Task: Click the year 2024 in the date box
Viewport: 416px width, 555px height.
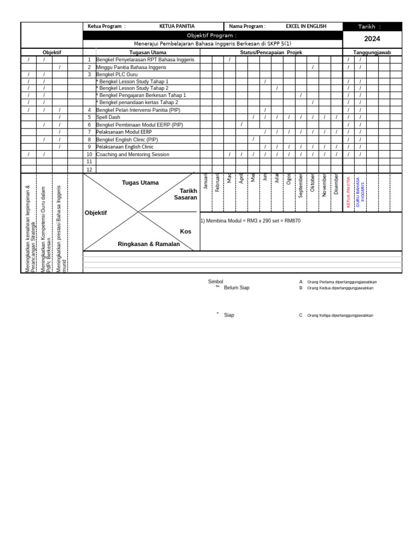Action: point(372,39)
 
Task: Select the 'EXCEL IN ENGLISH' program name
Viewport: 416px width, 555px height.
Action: point(306,26)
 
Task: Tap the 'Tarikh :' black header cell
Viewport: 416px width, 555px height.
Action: point(372,27)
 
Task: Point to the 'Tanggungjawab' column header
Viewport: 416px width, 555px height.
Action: point(372,53)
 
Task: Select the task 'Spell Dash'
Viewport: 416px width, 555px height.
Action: point(108,117)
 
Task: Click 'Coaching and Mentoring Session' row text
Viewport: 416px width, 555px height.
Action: point(133,154)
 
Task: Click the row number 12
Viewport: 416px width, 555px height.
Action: point(90,169)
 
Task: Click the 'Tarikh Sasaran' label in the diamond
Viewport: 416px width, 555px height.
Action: point(186,194)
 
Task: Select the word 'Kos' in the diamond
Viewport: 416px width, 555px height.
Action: point(185,231)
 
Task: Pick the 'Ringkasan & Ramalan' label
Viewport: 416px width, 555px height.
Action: point(148,244)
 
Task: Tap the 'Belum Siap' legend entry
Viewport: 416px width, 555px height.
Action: point(237,288)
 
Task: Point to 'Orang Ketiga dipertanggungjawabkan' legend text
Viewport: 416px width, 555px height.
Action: point(340,315)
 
